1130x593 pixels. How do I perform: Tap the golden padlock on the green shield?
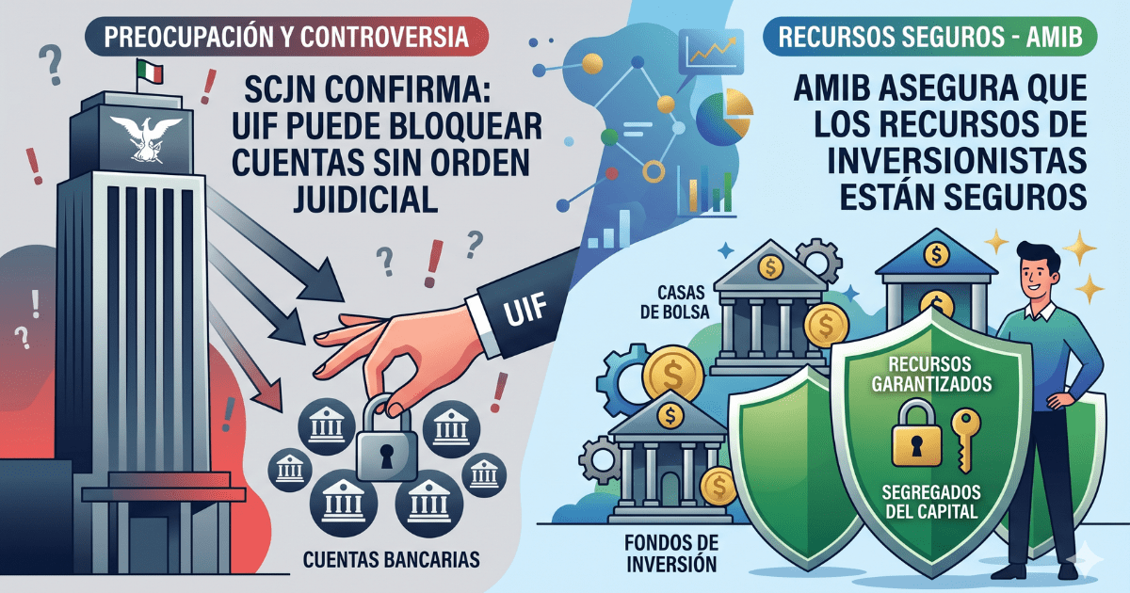[x=914, y=432]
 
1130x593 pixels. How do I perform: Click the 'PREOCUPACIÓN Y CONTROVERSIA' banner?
[x=287, y=40]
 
